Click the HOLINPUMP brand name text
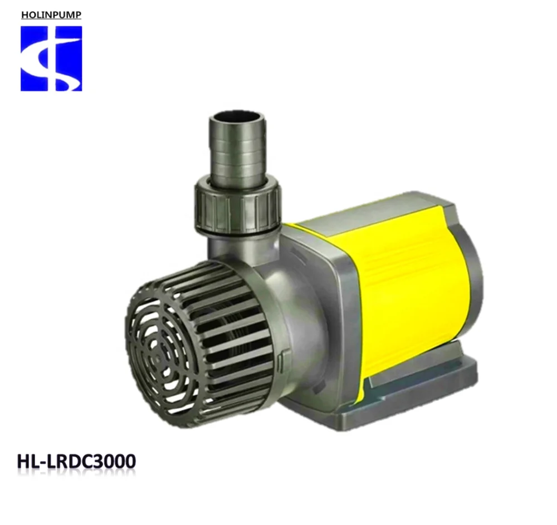(51, 15)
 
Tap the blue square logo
(51, 58)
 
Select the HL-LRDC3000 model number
(77, 462)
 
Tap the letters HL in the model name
(28, 462)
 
